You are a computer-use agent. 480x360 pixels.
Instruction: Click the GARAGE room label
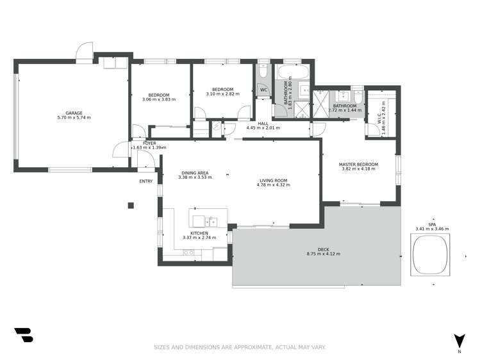coord(74,112)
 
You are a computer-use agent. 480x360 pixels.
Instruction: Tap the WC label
coord(263,90)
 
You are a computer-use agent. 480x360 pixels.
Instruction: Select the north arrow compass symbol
coord(459,341)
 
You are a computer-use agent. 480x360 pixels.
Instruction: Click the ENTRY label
coord(146,181)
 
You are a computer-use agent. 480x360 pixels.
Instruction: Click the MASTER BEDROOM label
coord(358,165)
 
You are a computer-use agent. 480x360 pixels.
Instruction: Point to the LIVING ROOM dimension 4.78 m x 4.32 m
coord(274,185)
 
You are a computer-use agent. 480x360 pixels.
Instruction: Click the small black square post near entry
coord(130,205)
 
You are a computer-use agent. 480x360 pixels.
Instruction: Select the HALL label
coord(263,123)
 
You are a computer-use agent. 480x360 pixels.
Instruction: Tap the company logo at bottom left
coord(23,335)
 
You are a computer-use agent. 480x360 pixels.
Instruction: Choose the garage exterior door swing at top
coord(85,51)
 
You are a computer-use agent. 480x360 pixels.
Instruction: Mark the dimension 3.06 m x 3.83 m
coord(158,99)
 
